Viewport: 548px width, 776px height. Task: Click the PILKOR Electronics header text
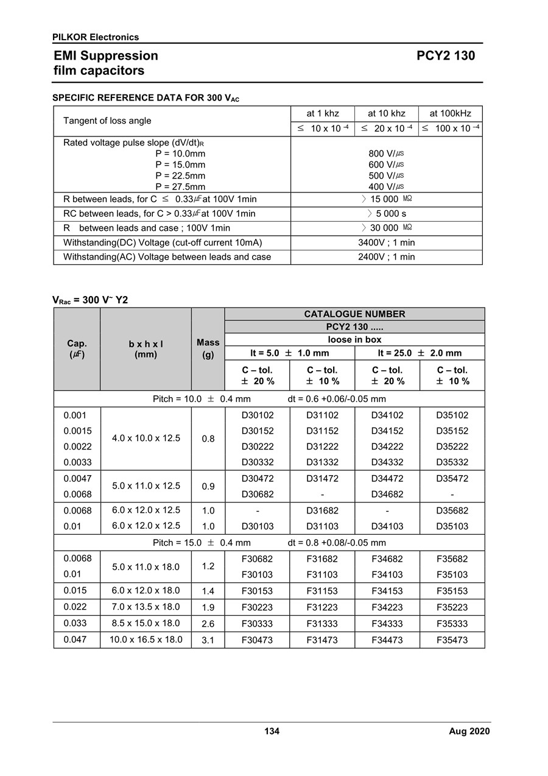(96, 37)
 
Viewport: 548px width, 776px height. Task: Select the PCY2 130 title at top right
(446, 56)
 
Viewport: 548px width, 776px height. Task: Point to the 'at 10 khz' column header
(386, 114)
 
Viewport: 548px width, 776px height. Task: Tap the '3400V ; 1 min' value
(386, 242)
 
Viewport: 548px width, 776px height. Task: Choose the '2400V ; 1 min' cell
(386, 257)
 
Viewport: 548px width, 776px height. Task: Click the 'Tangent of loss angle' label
(107, 121)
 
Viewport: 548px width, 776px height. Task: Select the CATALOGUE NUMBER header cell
(354, 314)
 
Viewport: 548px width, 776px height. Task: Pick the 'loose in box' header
(354, 340)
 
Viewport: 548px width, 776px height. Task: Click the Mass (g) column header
(208, 348)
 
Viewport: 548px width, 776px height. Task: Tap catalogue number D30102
(257, 415)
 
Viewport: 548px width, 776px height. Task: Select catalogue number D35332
(452, 462)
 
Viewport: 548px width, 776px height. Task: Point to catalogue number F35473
(452, 640)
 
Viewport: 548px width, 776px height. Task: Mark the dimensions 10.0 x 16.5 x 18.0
(146, 640)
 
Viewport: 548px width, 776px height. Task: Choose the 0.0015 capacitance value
(77, 431)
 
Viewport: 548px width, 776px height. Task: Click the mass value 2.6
(208, 624)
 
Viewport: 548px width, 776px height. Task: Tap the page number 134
(272, 732)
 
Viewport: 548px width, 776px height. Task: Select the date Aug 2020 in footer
(469, 732)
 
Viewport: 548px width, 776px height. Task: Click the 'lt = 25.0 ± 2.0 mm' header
(420, 353)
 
